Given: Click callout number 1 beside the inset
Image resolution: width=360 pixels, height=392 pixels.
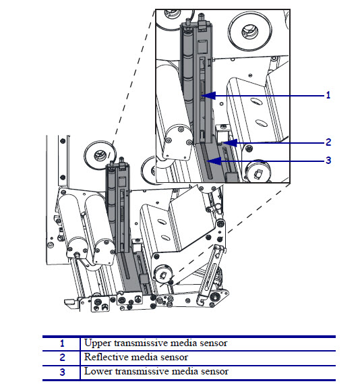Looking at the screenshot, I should coord(328,95).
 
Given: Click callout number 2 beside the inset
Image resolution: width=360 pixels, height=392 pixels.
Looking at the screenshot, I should coord(328,142).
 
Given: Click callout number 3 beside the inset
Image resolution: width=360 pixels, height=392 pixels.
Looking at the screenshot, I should coord(328,161).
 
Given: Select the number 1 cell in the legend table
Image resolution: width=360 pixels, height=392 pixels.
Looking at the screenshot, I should coord(62,343).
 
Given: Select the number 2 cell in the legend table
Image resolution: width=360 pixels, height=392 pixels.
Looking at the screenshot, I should coord(62,357).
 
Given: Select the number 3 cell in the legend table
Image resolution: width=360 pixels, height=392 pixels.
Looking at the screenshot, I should coord(62,371).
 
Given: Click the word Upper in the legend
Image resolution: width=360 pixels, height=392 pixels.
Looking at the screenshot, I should coord(96,343).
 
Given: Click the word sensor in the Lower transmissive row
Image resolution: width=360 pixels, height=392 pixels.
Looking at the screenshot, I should coord(214,371).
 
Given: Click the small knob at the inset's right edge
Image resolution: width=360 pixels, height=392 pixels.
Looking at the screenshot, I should coord(257,173).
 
